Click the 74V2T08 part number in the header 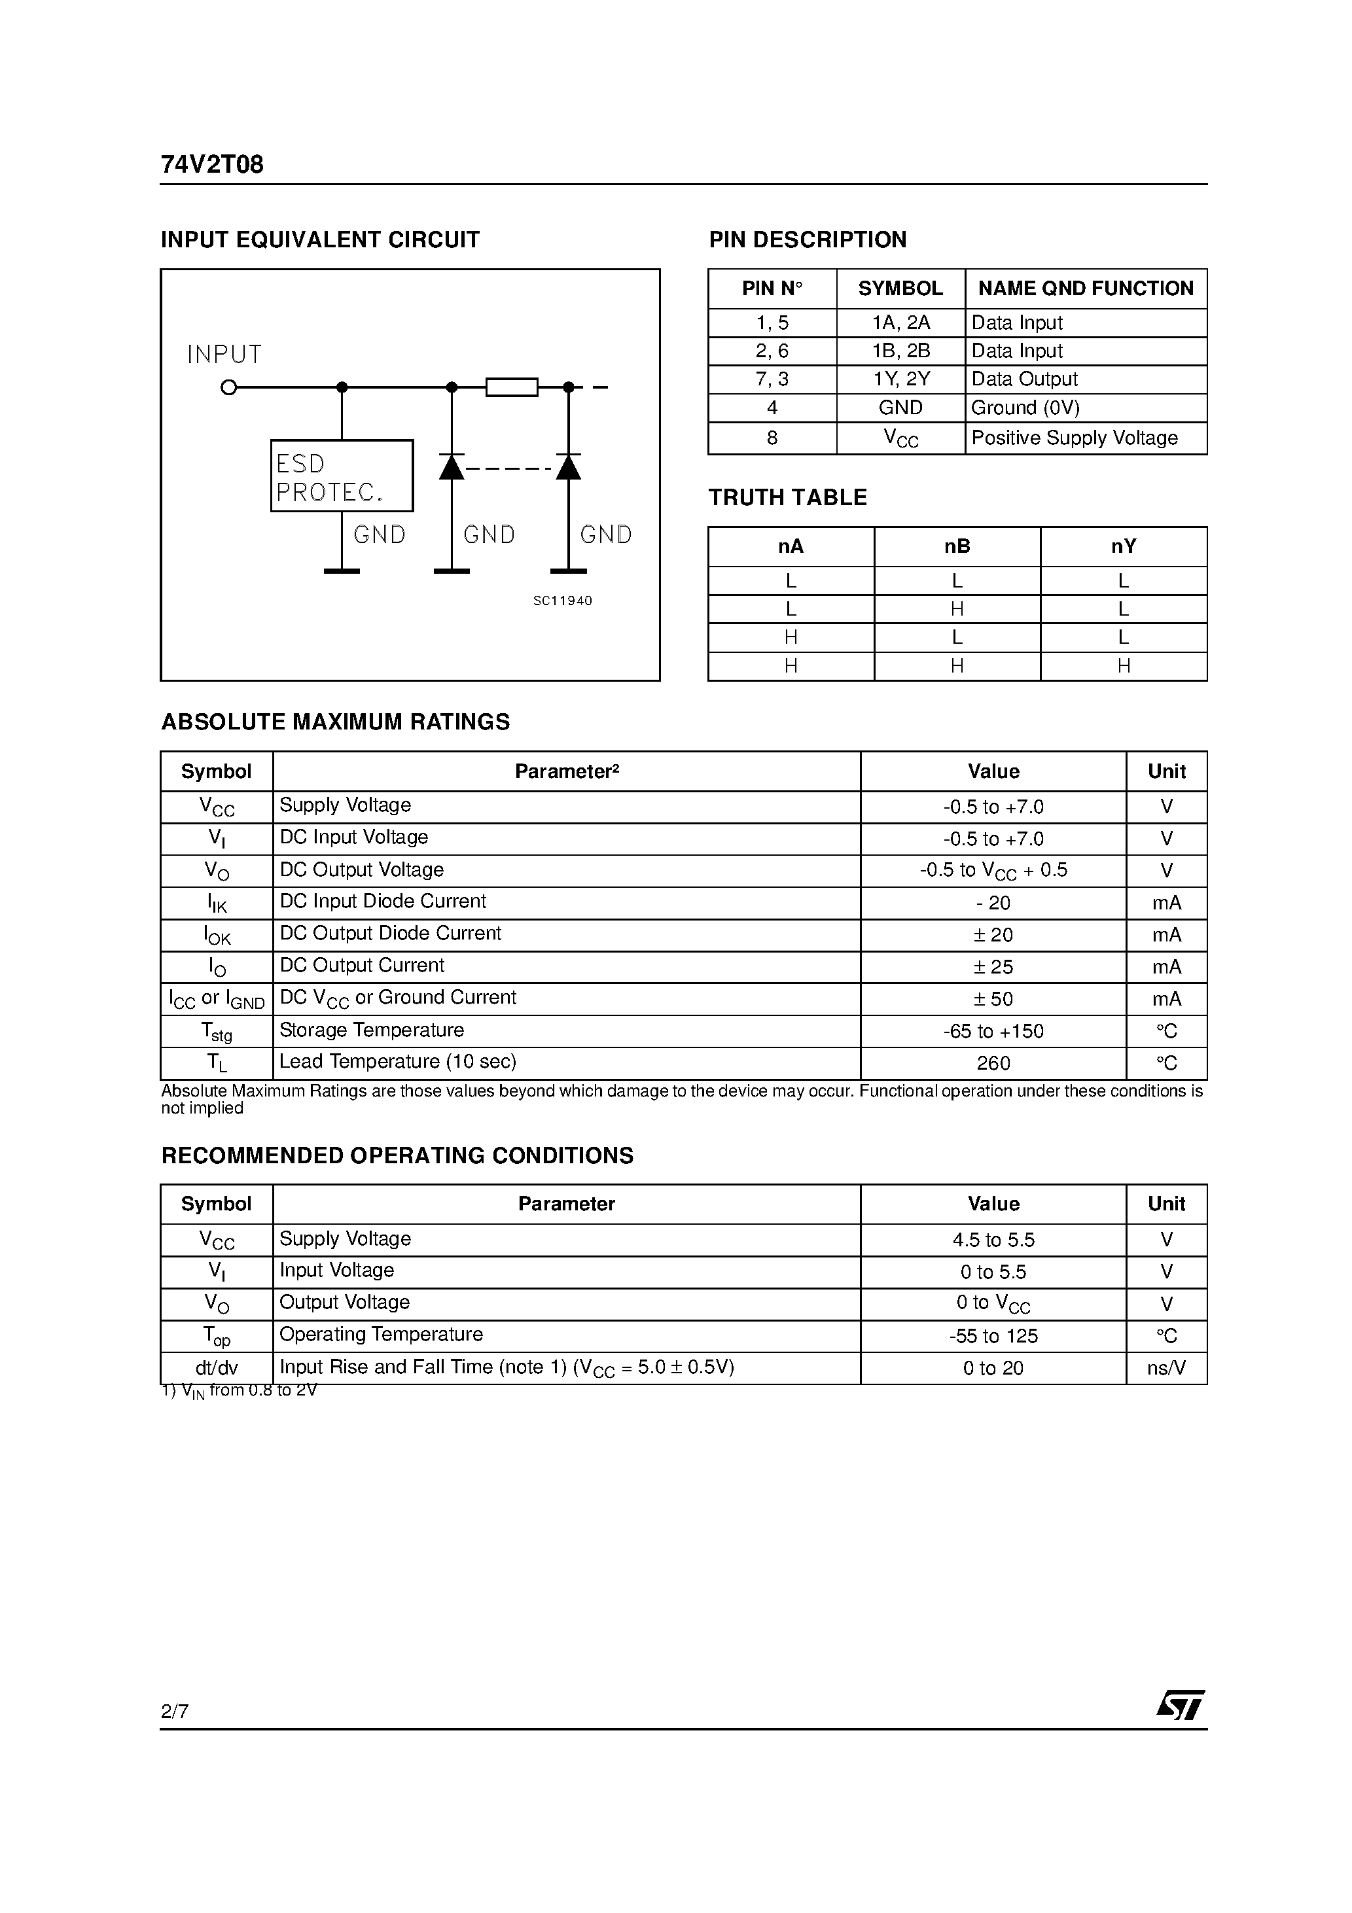(212, 165)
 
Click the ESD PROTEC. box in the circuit (342, 476)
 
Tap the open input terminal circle (228, 387)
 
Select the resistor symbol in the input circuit (512, 387)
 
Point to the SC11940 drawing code (563, 601)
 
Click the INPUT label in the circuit (224, 355)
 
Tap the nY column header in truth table (1124, 546)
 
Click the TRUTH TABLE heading (788, 497)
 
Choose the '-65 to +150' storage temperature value (993, 1032)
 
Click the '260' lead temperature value (993, 1064)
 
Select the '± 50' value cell (993, 999)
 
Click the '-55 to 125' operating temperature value (993, 1337)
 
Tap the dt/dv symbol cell (217, 1368)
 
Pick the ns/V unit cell (1166, 1368)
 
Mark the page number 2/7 (175, 1711)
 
